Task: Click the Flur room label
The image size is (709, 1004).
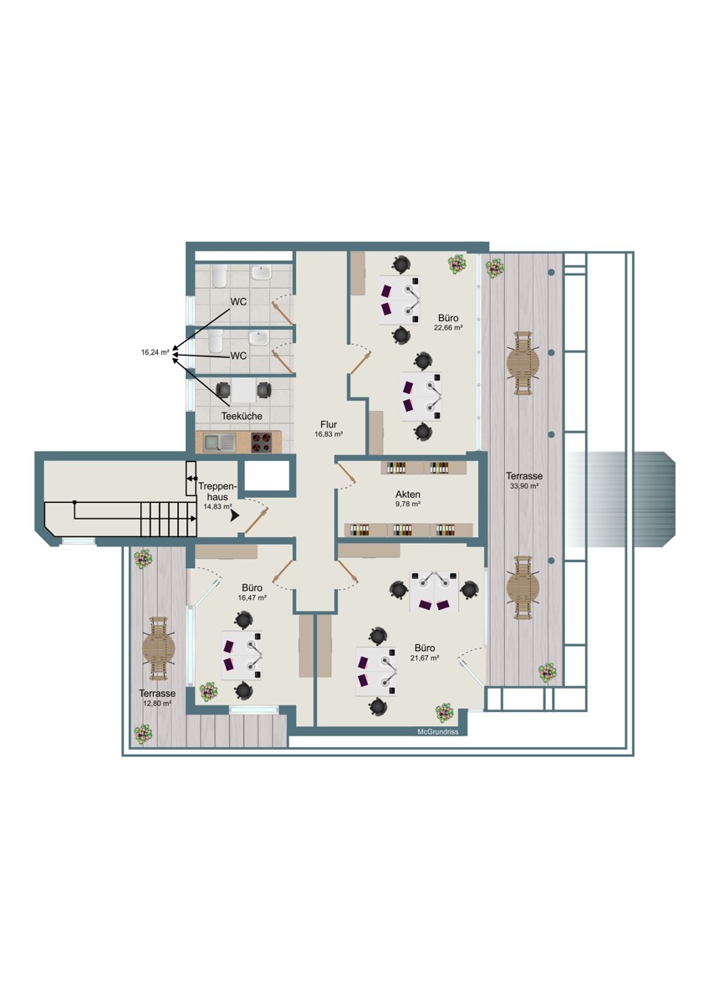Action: pyautogui.click(x=329, y=424)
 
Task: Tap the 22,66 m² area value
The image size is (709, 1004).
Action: pyautogui.click(x=448, y=328)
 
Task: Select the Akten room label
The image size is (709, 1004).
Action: pyautogui.click(x=407, y=494)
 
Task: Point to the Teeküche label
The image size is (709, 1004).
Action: pyautogui.click(x=242, y=416)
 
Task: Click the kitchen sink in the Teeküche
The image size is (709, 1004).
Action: pyautogui.click(x=219, y=443)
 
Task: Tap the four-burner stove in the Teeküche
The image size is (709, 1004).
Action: pyautogui.click(x=261, y=443)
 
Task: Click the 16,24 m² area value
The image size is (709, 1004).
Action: pyautogui.click(x=156, y=352)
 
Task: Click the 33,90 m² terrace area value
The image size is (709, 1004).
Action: pyautogui.click(x=524, y=485)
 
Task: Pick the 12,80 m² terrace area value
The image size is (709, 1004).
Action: pyautogui.click(x=157, y=704)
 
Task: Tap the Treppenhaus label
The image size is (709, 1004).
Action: pyautogui.click(x=217, y=492)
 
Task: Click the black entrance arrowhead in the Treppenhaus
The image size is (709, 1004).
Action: pyautogui.click(x=235, y=517)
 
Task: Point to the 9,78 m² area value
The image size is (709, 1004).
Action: pyautogui.click(x=407, y=504)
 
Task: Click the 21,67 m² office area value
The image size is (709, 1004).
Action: pyautogui.click(x=425, y=658)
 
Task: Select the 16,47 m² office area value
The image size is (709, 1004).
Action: pyautogui.click(x=252, y=597)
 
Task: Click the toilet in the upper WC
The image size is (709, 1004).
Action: pyautogui.click(x=219, y=275)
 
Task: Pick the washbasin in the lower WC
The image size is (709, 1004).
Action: pyautogui.click(x=259, y=339)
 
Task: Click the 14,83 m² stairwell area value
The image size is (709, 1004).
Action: pyautogui.click(x=217, y=507)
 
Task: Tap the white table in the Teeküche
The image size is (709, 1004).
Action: pyautogui.click(x=243, y=391)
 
